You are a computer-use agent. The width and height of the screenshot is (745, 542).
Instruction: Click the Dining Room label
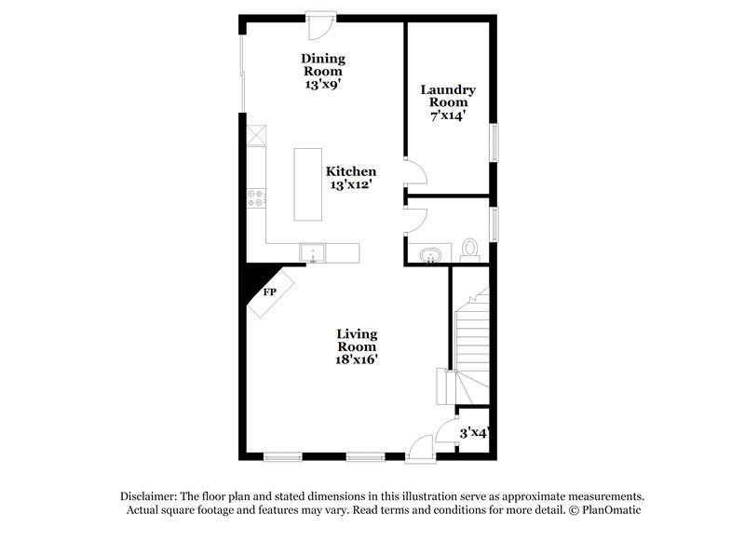[x=322, y=64]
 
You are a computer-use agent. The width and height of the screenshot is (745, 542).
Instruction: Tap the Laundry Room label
[x=448, y=96]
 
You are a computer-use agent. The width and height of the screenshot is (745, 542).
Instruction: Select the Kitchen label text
[x=351, y=171]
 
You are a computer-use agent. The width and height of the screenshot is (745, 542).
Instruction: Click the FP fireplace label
[x=270, y=292]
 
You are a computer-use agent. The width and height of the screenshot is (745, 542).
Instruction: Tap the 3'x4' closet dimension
[x=474, y=433]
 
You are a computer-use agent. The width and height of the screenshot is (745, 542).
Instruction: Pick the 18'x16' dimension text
[x=357, y=359]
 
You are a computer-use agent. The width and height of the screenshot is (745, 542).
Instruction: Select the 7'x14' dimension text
[x=448, y=116]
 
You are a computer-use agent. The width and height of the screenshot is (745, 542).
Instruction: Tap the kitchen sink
[x=312, y=251]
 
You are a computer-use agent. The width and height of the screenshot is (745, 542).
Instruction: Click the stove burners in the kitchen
[x=257, y=196]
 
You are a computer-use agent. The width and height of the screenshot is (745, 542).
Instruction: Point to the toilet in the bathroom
[x=470, y=249]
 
